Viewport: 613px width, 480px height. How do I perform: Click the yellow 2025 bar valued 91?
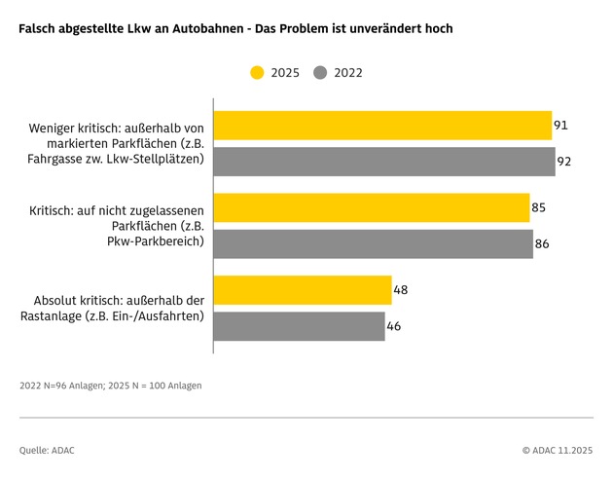382,126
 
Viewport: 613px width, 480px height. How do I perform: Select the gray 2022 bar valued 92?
384,162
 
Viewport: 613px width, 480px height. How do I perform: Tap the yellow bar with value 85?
372,207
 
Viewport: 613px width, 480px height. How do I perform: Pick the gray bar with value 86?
374,243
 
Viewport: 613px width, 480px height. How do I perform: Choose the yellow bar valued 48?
303,290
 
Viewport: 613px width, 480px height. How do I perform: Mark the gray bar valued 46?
299,326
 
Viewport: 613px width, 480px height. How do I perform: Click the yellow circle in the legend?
257,72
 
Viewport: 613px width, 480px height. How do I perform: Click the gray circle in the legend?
320,72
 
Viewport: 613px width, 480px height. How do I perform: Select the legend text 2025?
285,73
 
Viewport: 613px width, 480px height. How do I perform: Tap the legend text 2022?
347,73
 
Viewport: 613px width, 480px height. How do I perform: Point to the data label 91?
560,126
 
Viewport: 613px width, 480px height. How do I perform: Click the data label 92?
564,162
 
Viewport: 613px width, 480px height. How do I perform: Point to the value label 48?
400,290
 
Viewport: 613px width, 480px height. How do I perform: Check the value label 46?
393,326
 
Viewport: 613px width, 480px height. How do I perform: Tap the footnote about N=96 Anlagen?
111,386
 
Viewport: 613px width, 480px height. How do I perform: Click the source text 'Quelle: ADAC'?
47,450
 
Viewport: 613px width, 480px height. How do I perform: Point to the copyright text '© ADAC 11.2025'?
557,450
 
